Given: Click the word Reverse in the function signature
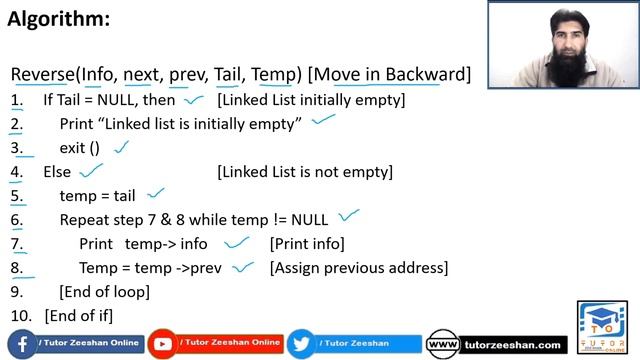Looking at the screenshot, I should click(44, 74).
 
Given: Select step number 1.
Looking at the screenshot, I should click(16, 100).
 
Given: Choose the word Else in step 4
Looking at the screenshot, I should click(57, 172).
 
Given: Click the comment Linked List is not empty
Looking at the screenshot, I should click(305, 172).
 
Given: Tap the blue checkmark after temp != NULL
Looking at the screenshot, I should click(348, 216).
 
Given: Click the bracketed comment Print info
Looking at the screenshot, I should click(307, 244).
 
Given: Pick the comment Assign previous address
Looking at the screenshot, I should click(359, 268).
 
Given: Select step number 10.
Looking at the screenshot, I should click(20, 316).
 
